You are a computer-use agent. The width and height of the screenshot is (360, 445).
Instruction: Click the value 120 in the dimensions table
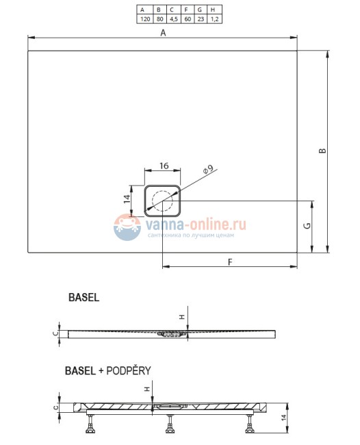coord(145,19)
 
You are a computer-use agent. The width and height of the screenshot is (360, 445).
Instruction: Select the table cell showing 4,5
coord(173,19)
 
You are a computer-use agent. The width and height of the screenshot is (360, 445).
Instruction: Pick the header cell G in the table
coord(200,10)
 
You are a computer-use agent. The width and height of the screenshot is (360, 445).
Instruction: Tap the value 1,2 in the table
coord(214,19)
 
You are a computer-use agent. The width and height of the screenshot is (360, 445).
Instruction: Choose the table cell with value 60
coord(187,19)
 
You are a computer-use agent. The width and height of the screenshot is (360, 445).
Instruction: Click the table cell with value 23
coord(200,19)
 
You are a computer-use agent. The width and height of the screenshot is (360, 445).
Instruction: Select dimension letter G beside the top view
coord(307,226)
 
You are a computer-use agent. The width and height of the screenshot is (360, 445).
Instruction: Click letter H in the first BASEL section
coord(181,316)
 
